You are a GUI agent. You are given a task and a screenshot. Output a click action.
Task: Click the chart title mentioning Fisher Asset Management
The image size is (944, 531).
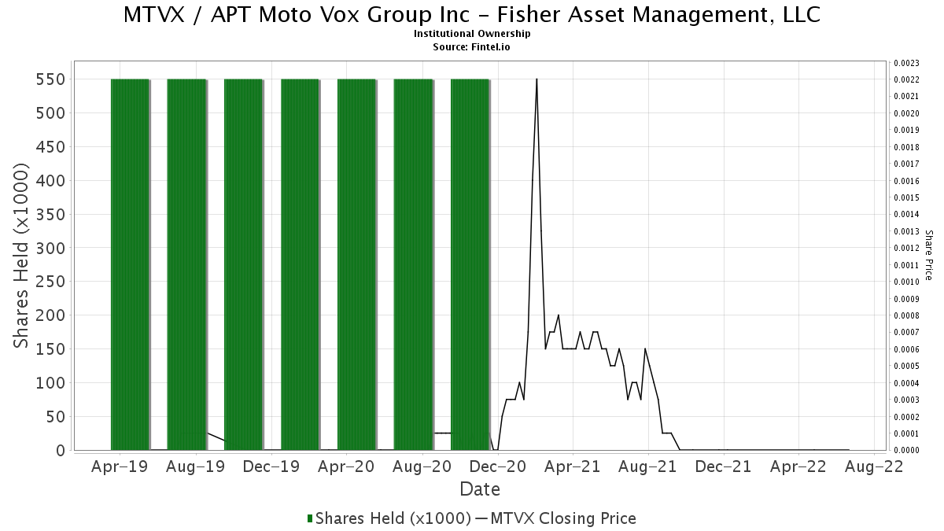pyautogui.click(x=471, y=15)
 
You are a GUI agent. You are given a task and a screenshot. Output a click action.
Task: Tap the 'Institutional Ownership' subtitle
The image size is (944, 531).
pyautogui.click(x=471, y=34)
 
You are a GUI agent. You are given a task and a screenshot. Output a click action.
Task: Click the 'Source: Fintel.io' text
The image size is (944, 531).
pyautogui.click(x=471, y=47)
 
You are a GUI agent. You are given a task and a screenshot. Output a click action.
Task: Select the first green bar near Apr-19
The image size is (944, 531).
pyautogui.click(x=131, y=264)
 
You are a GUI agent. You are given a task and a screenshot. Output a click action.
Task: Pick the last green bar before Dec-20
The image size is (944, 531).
pyautogui.click(x=470, y=264)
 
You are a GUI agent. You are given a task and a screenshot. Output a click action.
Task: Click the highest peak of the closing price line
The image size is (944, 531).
pyautogui.click(x=537, y=79)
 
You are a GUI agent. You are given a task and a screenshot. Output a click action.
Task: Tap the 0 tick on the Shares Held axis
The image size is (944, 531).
pyautogui.click(x=61, y=451)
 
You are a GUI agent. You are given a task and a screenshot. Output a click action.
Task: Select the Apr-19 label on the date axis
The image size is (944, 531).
pyautogui.click(x=120, y=467)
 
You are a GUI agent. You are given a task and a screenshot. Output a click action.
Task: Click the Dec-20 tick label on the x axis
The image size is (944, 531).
pyautogui.click(x=498, y=467)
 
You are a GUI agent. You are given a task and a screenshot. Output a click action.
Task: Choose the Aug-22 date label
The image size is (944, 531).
pyautogui.click(x=875, y=467)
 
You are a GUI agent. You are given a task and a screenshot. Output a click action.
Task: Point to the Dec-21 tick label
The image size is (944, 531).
pyautogui.click(x=724, y=467)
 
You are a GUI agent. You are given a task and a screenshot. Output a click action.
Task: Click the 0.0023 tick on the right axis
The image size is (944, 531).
pyautogui.click(x=906, y=63)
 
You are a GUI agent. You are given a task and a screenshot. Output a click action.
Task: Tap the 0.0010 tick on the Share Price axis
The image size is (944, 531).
pyautogui.click(x=906, y=282)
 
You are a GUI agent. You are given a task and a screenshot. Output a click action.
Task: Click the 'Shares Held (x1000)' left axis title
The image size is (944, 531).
pyautogui.click(x=20, y=256)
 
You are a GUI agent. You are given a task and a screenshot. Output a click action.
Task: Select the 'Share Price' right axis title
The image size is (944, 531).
pyautogui.click(x=928, y=256)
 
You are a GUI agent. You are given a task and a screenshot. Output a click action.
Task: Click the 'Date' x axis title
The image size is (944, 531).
pyautogui.click(x=480, y=489)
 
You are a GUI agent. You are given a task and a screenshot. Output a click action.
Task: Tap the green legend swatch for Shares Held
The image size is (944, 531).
pyautogui.click(x=310, y=518)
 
